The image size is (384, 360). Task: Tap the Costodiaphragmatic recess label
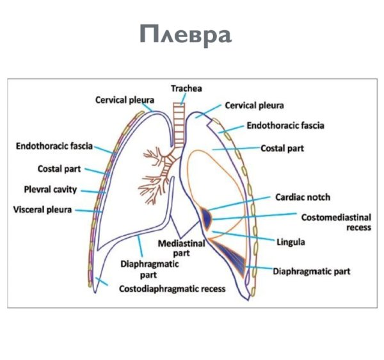point(172,289)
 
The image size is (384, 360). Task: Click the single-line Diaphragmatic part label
point(312,271)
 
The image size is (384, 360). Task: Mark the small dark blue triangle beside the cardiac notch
point(206,218)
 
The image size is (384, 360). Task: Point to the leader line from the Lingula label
point(250,236)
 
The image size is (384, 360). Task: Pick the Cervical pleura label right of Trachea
point(254,105)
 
